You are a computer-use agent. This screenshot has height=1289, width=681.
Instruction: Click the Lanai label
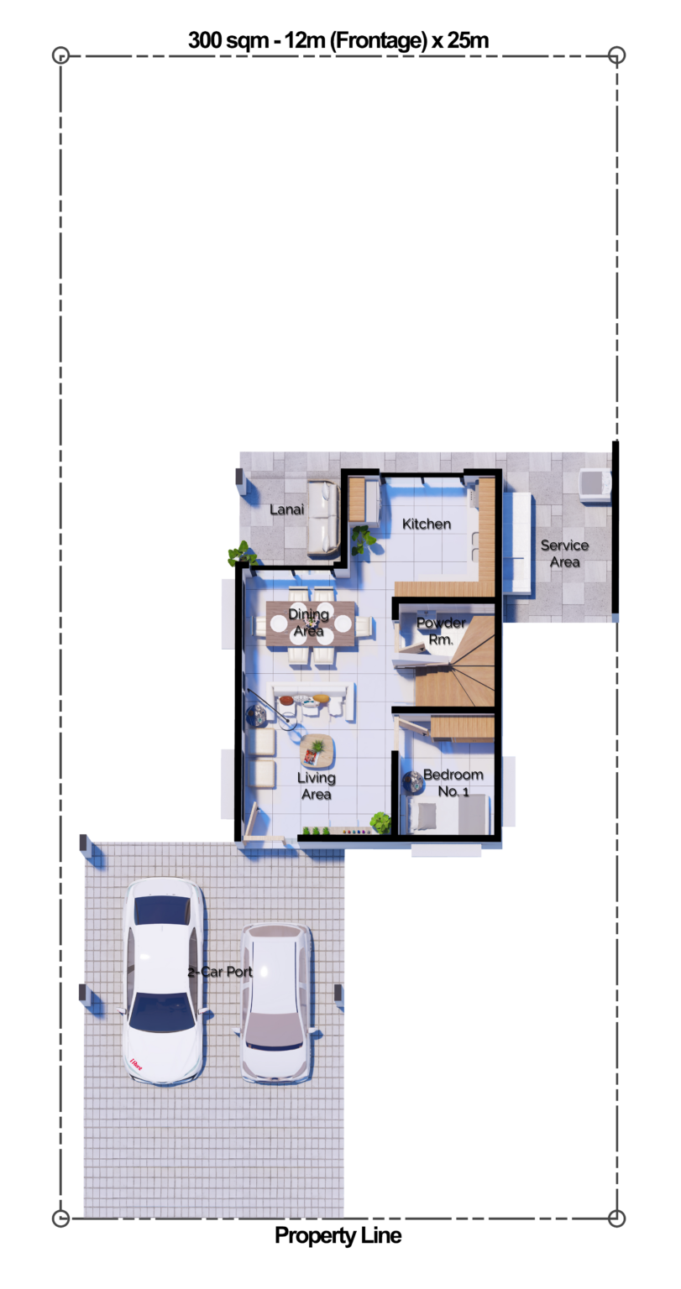coord(286,509)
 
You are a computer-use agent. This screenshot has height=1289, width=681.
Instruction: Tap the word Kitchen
coord(427,524)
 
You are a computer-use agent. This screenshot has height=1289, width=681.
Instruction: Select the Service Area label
coord(564,553)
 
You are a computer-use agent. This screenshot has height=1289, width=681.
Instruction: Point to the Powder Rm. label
coord(441,630)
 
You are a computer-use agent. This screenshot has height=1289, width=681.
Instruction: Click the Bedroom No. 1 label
coord(453,782)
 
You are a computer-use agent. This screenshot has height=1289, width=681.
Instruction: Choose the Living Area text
coord(316,785)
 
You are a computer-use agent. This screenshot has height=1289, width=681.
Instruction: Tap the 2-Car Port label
coord(220,972)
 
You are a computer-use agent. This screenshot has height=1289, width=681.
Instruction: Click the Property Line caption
coord(338,1235)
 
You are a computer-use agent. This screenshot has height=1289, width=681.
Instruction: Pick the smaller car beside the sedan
coord(275,1003)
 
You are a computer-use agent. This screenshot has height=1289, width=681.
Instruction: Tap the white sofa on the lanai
coord(323,519)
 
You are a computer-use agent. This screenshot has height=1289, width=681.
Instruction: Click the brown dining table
coord(309,624)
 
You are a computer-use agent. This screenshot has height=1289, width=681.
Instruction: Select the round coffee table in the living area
coord(317,750)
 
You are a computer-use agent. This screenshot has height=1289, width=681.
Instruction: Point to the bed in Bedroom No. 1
coord(449,814)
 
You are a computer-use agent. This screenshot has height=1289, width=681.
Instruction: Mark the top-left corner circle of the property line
coord(60,55)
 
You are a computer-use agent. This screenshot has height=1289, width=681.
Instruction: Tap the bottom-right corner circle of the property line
coord(617,1219)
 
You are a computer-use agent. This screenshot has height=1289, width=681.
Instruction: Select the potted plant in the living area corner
coord(380,822)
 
